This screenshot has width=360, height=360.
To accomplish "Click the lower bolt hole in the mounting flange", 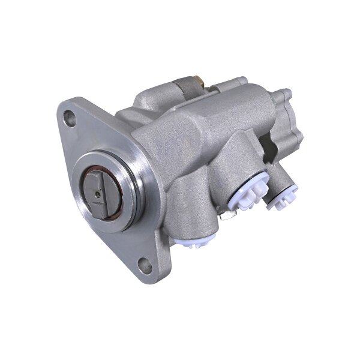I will click(145, 265).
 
